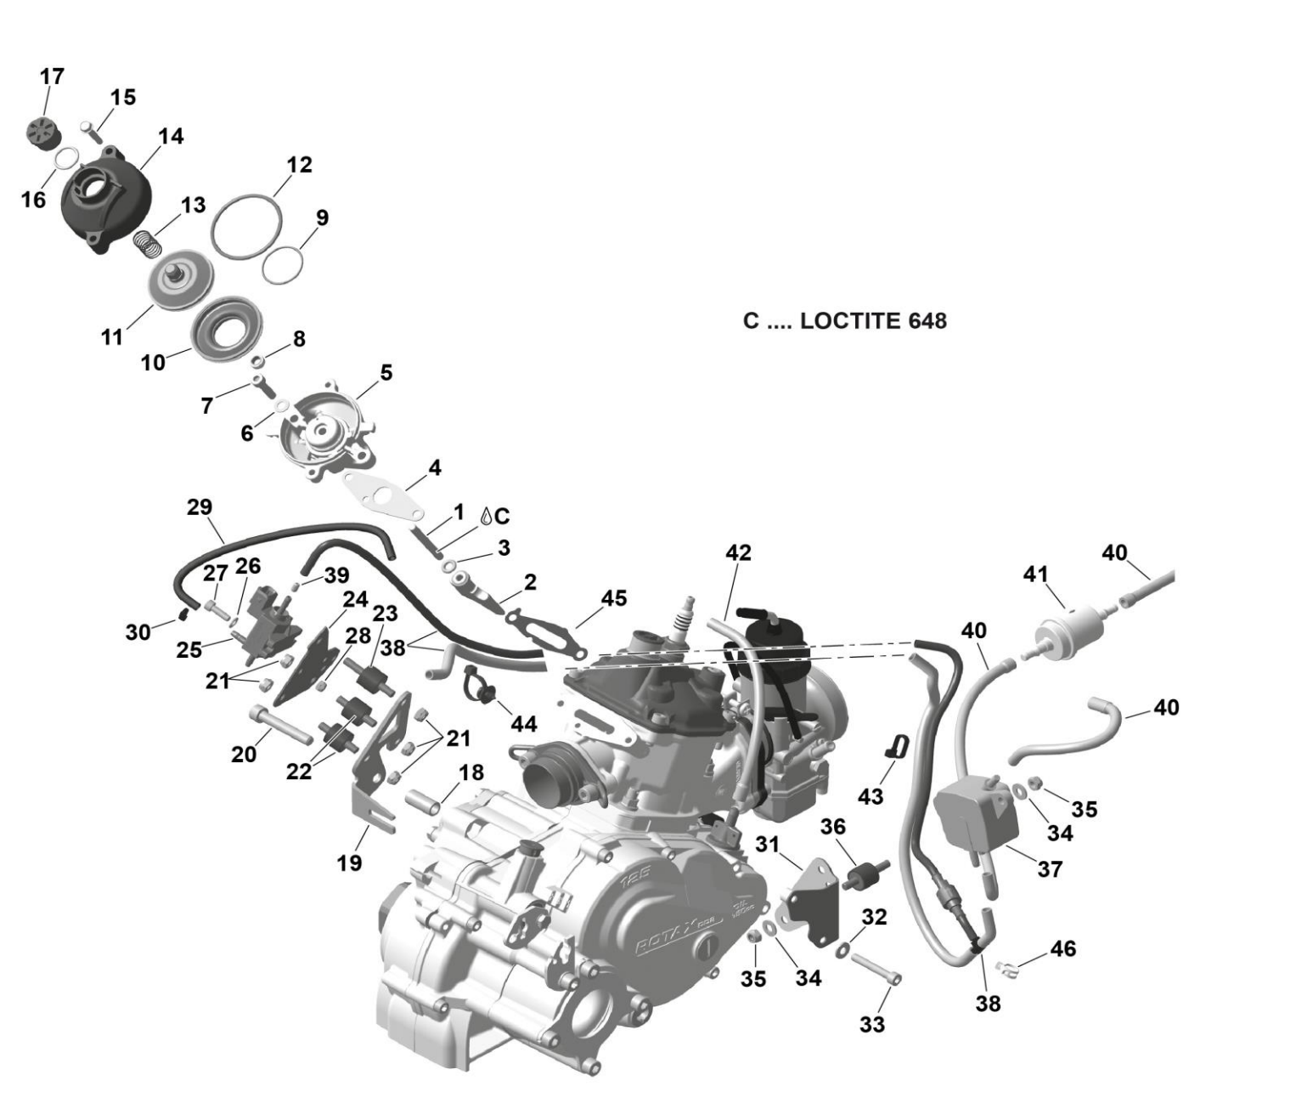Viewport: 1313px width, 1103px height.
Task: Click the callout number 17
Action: pos(52,76)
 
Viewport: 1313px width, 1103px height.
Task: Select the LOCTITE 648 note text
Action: pos(844,320)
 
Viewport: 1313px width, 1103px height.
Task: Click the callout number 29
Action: pos(200,507)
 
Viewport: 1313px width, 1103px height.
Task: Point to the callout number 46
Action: pos(1062,947)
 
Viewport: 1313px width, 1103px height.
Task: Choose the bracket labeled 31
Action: pos(811,901)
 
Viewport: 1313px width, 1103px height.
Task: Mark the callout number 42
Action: pos(738,552)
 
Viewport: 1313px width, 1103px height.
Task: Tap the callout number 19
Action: pos(350,863)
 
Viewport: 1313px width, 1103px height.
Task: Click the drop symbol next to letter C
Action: pos(486,516)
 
